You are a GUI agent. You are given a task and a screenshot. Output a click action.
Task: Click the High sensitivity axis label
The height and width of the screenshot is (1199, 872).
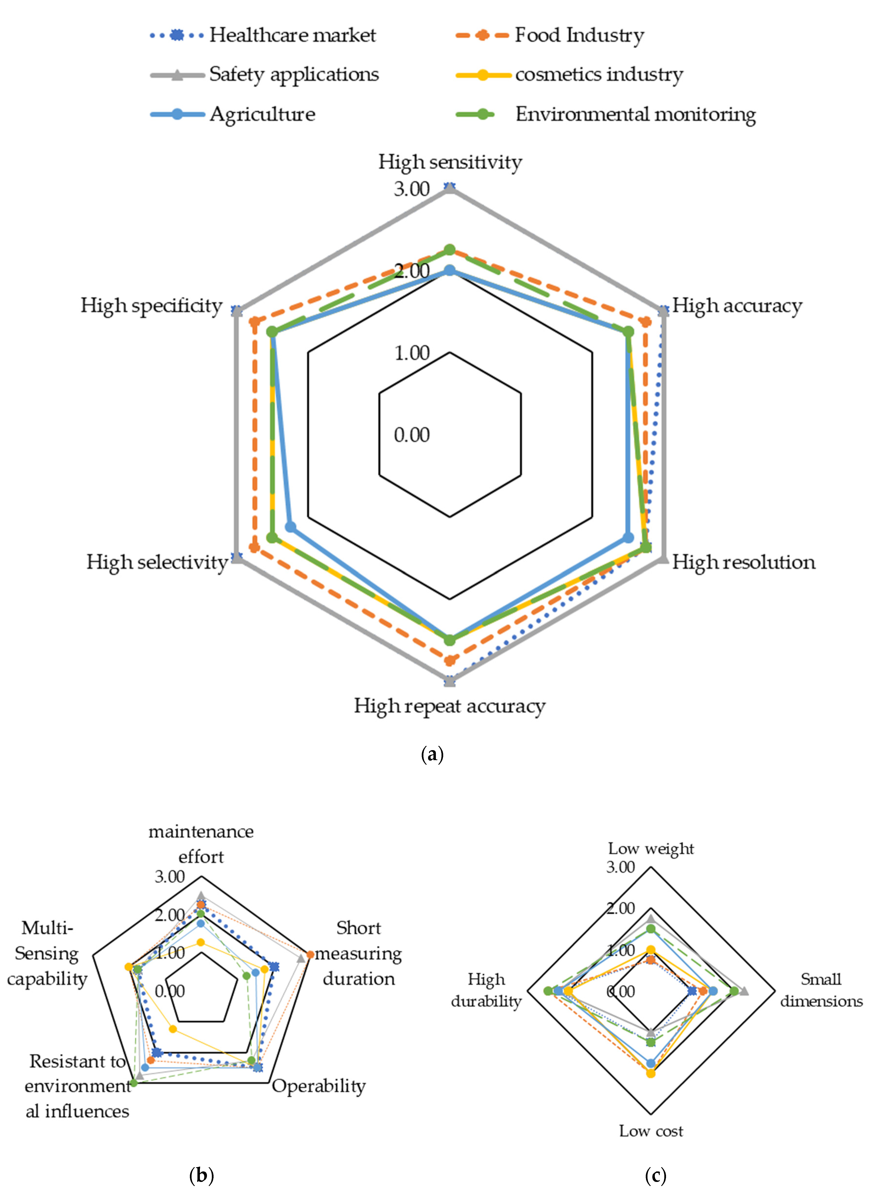[450, 162]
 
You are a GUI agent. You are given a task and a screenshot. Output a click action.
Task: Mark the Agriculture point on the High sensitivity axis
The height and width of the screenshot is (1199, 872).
[450, 271]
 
